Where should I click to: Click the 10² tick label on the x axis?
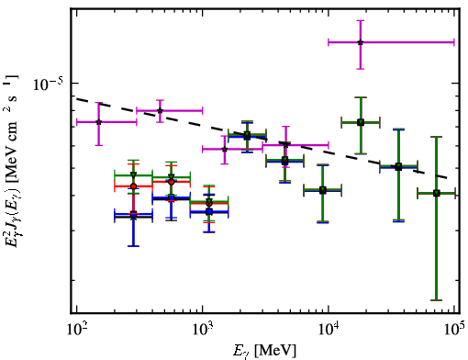(76, 330)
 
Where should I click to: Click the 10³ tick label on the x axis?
(203, 330)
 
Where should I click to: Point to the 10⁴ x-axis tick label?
(329, 330)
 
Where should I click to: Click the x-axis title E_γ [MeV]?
(264, 351)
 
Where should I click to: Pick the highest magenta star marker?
(361, 42)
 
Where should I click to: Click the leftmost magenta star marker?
(98, 122)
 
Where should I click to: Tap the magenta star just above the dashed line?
(160, 110)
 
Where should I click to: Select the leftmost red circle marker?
(133, 186)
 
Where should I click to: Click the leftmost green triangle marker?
(133, 174)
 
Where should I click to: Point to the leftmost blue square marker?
(133, 214)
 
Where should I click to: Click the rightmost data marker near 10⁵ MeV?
(437, 193)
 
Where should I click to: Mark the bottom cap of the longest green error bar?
(437, 300)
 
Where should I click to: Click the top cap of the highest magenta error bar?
(361, 20)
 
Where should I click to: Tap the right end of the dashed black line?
(447, 177)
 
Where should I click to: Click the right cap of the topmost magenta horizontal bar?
(454, 42)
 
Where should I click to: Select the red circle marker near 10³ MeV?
(209, 203)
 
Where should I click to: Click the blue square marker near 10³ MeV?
(209, 211)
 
